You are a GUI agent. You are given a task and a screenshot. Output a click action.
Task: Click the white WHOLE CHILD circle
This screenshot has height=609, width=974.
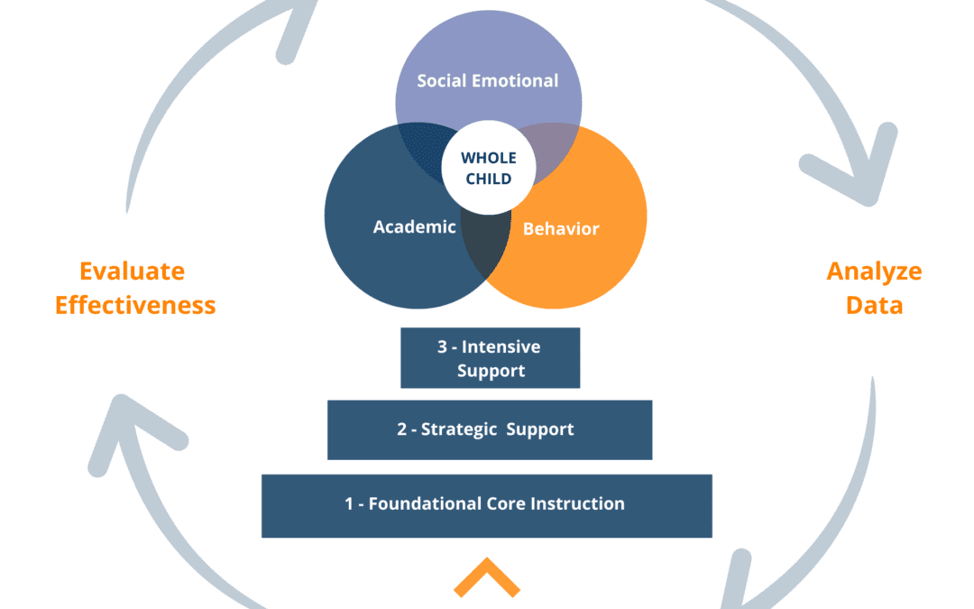[x=489, y=168]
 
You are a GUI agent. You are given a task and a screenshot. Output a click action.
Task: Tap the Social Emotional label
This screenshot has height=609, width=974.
[x=488, y=81]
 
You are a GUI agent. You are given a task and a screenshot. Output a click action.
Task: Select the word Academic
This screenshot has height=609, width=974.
[x=414, y=226]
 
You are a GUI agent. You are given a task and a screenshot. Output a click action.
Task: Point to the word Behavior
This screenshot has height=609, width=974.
[x=561, y=228]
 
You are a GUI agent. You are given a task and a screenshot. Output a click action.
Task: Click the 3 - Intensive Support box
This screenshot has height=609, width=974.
[x=490, y=358]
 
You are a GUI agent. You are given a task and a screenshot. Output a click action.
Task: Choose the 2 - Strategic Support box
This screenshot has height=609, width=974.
[x=490, y=430]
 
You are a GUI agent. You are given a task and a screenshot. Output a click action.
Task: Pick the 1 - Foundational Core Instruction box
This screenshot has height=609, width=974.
[x=487, y=506]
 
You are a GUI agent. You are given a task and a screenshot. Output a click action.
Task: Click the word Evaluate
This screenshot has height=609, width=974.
[x=133, y=272]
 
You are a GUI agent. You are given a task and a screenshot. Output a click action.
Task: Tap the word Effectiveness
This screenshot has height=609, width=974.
[x=135, y=306]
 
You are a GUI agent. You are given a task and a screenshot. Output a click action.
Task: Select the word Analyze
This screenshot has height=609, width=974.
[x=874, y=272]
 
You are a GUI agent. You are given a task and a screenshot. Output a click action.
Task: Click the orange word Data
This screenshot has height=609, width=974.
[x=874, y=306]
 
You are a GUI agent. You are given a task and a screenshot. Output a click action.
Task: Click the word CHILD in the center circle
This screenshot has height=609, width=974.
[x=489, y=179]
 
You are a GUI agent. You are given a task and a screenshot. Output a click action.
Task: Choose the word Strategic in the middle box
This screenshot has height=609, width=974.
[x=459, y=429]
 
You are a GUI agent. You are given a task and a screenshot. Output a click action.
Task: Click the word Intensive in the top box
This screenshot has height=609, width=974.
[x=501, y=346]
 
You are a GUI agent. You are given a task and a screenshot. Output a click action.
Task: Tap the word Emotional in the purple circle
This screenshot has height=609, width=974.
[x=515, y=81]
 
